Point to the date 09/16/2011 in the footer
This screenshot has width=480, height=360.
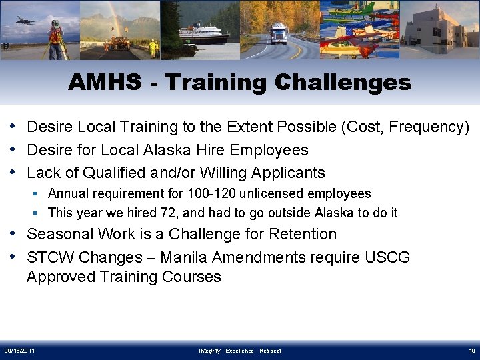20,351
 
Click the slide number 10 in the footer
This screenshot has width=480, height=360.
471,351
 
